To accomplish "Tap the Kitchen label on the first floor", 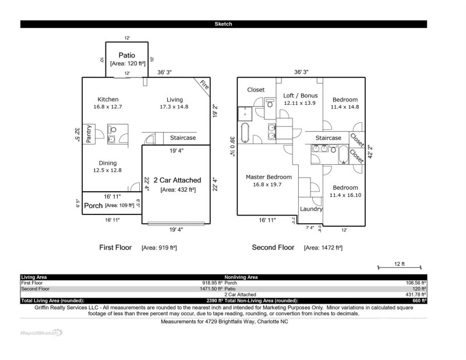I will pos(108,100).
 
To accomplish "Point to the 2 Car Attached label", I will pos(177,181).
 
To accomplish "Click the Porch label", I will pos(93,206).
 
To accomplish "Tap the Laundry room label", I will pos(311,209).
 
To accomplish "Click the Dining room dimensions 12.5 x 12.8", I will pos(108,171).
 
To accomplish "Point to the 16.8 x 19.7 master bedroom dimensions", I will pos(267,185).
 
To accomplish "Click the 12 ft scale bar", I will pos(399,266).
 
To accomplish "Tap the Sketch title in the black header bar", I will pos(224,24).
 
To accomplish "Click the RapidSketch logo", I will pos(40,333).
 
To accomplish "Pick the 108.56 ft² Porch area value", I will pos(416,283).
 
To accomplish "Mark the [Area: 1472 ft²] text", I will pos(323,248).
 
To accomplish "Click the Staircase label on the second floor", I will pos(329,138).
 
